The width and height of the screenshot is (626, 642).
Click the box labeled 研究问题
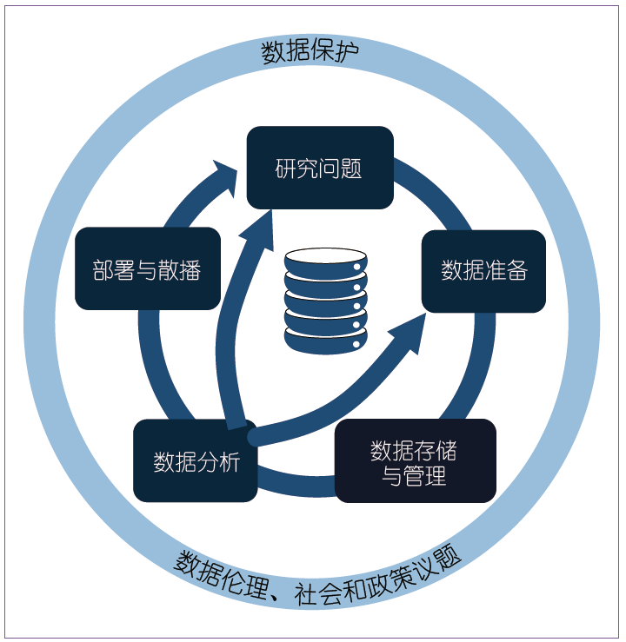pos(320,168)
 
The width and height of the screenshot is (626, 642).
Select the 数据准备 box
pos(483,270)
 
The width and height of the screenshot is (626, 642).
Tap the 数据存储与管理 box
pos(415,461)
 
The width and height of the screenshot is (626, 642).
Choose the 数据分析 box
pos(195,461)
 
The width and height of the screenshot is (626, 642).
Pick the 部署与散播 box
pos(147,269)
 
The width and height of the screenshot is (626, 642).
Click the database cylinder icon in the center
pos(325,301)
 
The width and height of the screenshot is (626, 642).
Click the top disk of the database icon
pos(325,260)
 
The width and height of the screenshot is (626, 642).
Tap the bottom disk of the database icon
pos(325,340)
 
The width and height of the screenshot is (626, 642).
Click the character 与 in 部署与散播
pos(147,269)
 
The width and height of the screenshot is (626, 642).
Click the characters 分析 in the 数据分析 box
pos(217,461)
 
